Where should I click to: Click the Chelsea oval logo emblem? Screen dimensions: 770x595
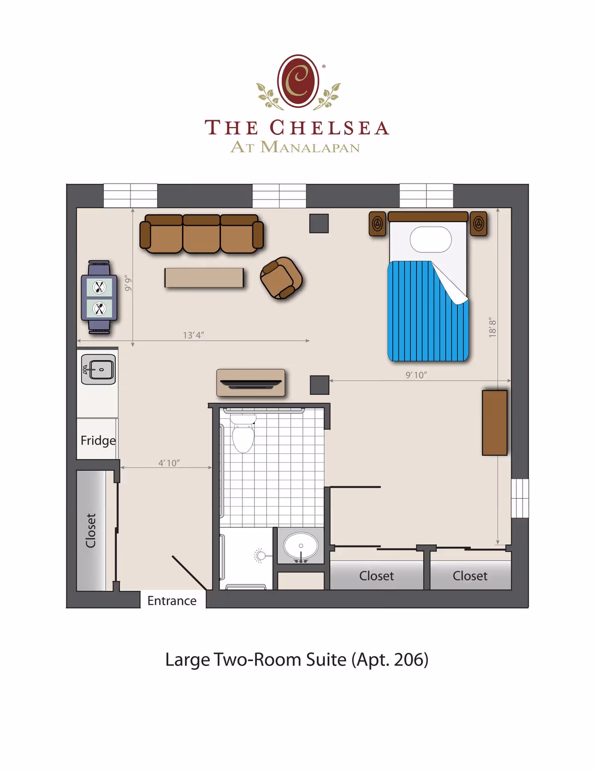click(x=298, y=81)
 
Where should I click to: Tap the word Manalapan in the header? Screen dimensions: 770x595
click(x=310, y=147)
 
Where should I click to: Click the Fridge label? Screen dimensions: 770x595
click(x=98, y=441)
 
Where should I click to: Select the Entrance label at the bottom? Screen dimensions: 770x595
click(x=172, y=601)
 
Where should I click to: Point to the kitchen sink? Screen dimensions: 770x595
click(x=99, y=370)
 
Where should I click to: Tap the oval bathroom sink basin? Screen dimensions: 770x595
click(x=301, y=546)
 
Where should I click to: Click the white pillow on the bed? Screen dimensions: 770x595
click(x=430, y=240)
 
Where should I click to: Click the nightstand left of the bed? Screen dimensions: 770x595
click(x=377, y=224)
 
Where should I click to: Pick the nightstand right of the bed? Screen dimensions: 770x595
click(x=478, y=224)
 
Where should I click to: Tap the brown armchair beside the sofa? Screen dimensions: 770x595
click(x=281, y=278)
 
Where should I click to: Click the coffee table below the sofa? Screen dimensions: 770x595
click(x=204, y=278)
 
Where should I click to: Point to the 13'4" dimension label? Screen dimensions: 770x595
click(x=193, y=335)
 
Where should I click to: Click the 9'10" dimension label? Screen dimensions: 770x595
click(x=416, y=375)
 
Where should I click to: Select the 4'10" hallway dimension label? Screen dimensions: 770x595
click(x=169, y=463)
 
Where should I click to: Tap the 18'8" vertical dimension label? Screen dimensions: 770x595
click(x=492, y=328)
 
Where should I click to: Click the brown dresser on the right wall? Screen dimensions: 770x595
click(x=494, y=423)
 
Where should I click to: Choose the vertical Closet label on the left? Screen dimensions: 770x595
click(x=90, y=530)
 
